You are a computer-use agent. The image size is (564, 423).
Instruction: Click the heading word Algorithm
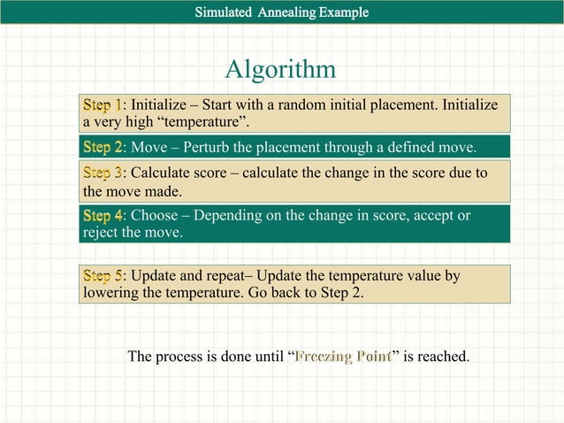click(280, 69)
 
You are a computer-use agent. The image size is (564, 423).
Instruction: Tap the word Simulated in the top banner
click(225, 12)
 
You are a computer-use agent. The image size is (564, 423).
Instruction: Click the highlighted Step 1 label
click(103, 104)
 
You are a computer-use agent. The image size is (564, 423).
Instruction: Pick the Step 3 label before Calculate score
click(103, 173)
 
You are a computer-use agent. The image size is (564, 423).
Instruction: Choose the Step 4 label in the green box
click(103, 216)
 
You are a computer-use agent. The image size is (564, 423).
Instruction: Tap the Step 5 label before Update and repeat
click(103, 276)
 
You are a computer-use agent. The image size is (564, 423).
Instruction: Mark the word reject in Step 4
click(102, 233)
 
